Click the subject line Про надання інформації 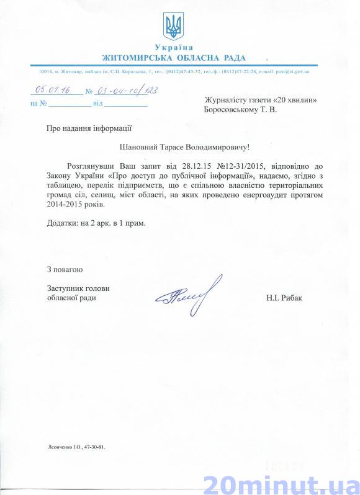click(x=88, y=128)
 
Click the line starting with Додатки click(x=96, y=222)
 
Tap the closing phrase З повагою click(x=64, y=269)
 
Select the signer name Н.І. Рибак click(x=285, y=298)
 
